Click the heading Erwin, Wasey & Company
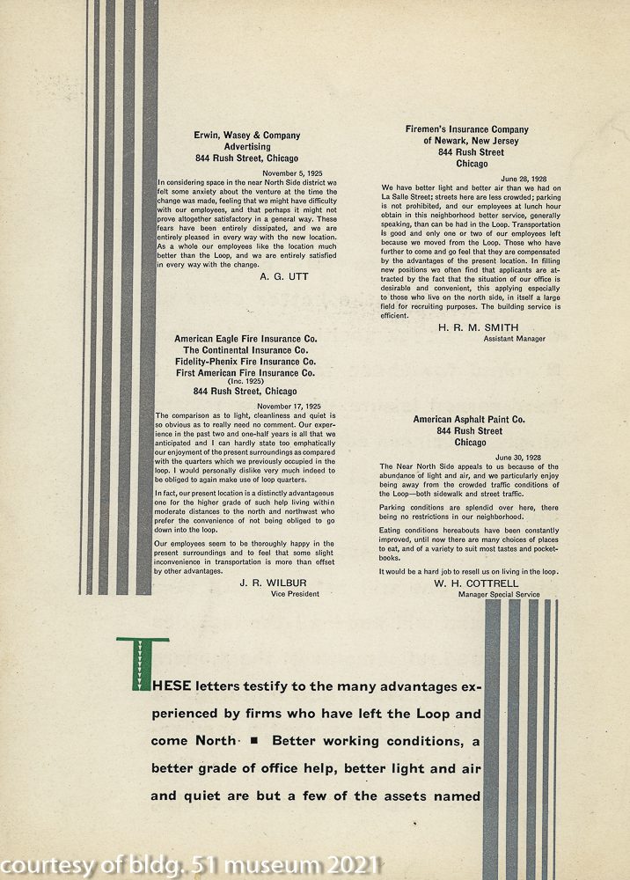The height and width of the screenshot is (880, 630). [246, 136]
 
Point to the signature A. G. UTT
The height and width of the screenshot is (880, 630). [284, 276]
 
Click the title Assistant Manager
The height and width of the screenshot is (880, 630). [514, 339]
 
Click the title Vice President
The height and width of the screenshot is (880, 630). [295, 594]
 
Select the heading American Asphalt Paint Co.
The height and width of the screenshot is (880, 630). [469, 420]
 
